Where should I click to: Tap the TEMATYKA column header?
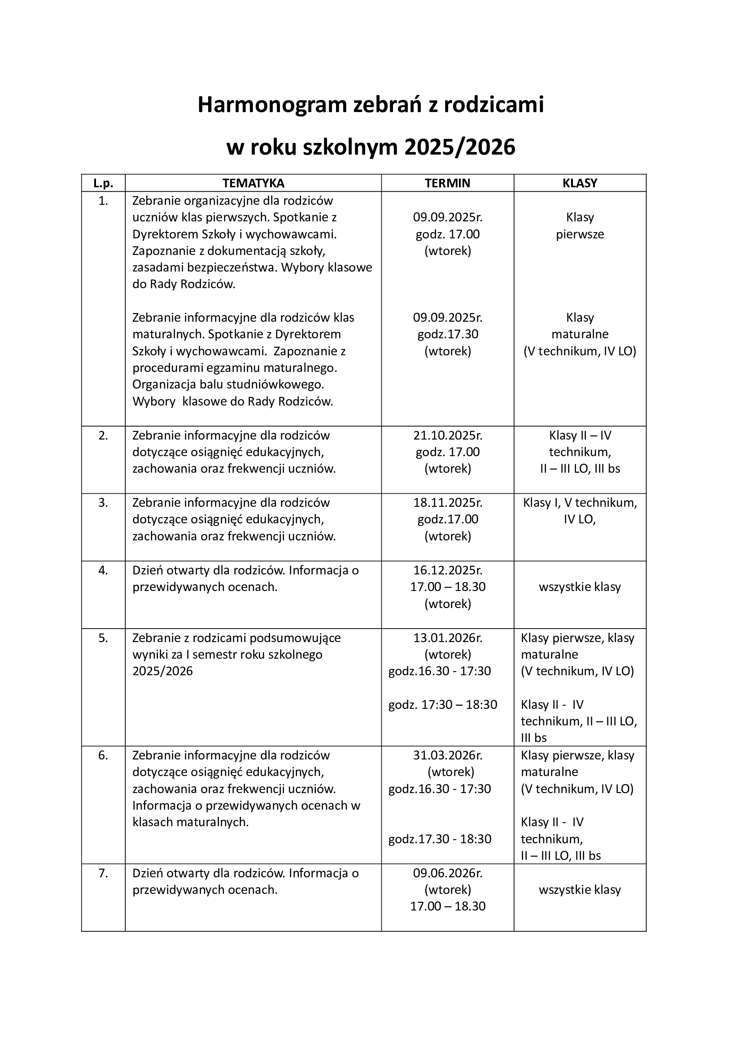[x=253, y=183]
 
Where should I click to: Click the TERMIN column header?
[x=447, y=183]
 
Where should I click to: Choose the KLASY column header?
[x=580, y=183]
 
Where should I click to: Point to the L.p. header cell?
[x=103, y=183]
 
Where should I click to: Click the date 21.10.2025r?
[x=448, y=436]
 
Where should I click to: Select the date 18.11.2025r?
[x=448, y=503]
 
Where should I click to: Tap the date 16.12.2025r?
[x=448, y=570]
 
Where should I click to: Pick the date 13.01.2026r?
[x=448, y=638]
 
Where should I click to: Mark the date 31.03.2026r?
[x=448, y=755]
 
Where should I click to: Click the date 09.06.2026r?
[x=448, y=873]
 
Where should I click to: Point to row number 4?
[x=103, y=570]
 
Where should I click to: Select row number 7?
[x=103, y=873]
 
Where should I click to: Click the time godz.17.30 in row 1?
[x=448, y=334]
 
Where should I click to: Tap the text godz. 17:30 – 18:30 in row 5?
[x=442, y=705]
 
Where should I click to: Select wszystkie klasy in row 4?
[x=580, y=587]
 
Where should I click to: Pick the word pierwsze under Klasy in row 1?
[x=580, y=234]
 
